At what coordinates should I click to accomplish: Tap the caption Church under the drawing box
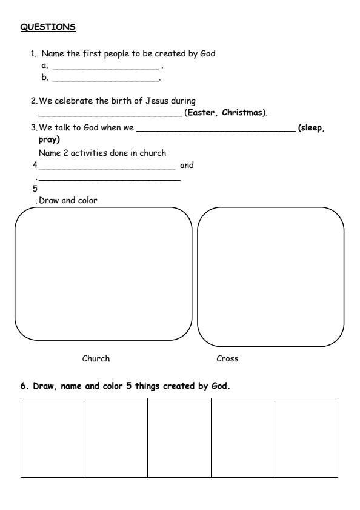tap(96, 358)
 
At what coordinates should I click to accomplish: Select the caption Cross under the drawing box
tap(227, 358)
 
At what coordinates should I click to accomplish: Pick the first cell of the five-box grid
tap(52, 437)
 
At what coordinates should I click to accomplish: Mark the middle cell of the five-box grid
tap(179, 437)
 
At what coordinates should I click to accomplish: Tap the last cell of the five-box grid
tap(306, 437)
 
